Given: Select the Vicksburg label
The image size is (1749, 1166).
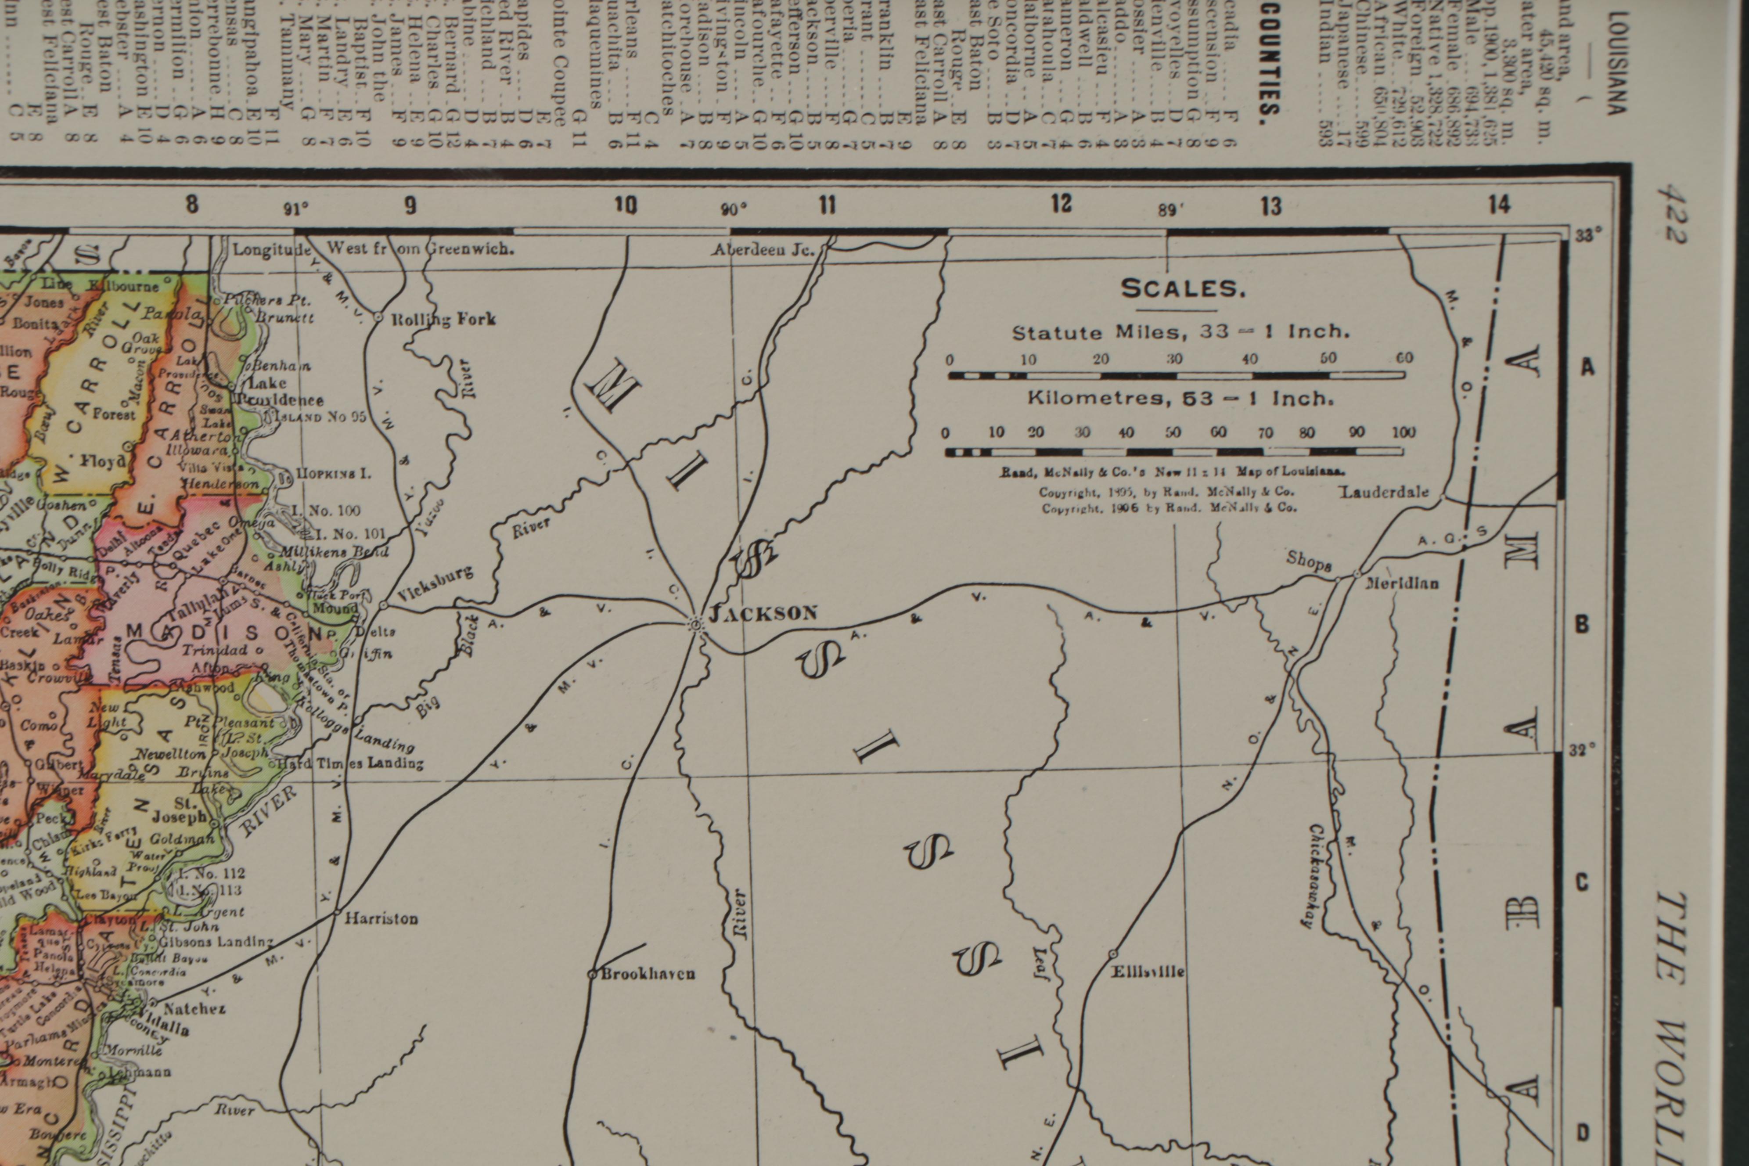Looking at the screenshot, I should pos(435,582).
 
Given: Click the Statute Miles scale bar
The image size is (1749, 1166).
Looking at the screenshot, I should pos(1177,375).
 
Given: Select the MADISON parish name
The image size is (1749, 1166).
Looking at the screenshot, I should pos(223,633).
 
